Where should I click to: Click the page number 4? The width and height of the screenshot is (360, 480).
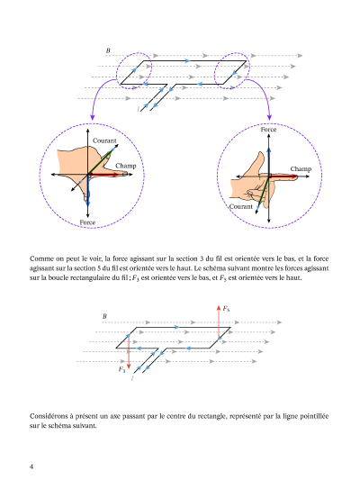pyautogui.click(x=31, y=466)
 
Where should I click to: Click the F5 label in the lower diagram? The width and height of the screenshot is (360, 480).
pyautogui.click(x=226, y=309)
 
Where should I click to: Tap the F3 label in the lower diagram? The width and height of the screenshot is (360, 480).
pyautogui.click(x=121, y=369)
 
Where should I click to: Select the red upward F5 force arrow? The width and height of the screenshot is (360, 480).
pyautogui.click(x=219, y=322)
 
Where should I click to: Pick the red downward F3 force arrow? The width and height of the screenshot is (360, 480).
pyautogui.click(x=129, y=351)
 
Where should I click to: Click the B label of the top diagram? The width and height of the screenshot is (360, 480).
pyautogui.click(x=108, y=50)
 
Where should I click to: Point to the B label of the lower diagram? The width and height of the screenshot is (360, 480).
pyautogui.click(x=104, y=316)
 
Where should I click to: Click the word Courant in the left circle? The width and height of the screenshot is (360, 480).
pyautogui.click(x=104, y=140)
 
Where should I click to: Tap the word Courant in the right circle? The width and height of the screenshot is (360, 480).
pyautogui.click(x=241, y=206)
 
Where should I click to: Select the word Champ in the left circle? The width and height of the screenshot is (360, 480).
pyautogui.click(x=126, y=166)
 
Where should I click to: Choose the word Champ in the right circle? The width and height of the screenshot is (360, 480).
pyautogui.click(x=301, y=169)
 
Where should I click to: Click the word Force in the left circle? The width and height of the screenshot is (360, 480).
pyautogui.click(x=87, y=222)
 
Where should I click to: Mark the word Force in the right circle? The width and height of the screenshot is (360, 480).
pyautogui.click(x=268, y=130)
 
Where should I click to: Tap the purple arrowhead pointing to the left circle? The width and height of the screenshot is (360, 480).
pyautogui.click(x=92, y=117)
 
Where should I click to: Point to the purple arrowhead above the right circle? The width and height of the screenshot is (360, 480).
pyautogui.click(x=269, y=117)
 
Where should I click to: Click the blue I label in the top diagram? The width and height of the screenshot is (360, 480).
pyautogui.click(x=139, y=109)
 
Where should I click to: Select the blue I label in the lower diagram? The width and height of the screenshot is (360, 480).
pyautogui.click(x=132, y=378)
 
